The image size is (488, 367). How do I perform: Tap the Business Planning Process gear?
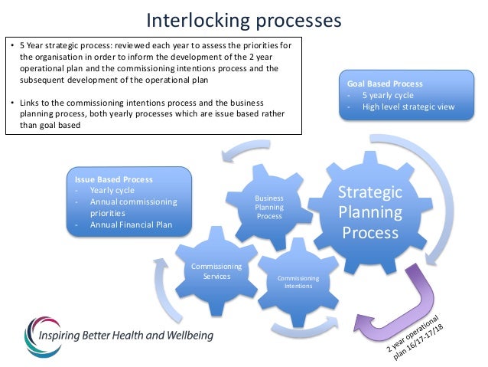coord(269,207)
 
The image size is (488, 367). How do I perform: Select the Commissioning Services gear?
coord(216,271)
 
